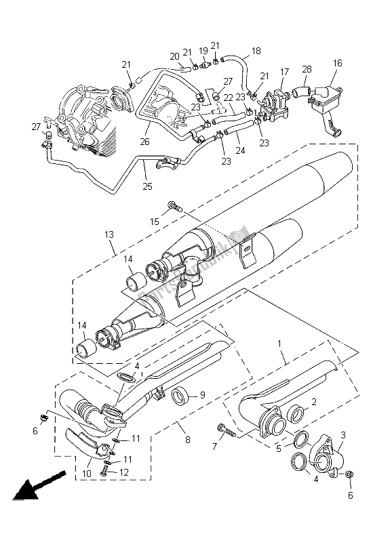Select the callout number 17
click(285, 71)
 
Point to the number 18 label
click(256, 51)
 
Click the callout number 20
click(174, 56)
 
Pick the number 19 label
click(203, 51)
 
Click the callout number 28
click(307, 70)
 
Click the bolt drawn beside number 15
click(173, 206)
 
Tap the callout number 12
click(123, 472)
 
